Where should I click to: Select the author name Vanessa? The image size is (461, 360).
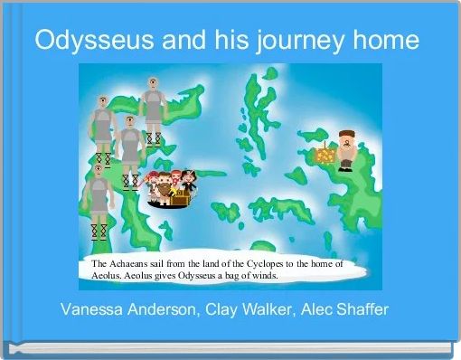pyautogui.click(x=95, y=310)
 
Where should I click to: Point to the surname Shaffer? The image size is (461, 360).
pyautogui.click(x=361, y=310)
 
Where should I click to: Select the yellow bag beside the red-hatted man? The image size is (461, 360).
pyautogui.click(x=325, y=156)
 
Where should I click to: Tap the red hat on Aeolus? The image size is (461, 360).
pyautogui.click(x=346, y=133)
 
